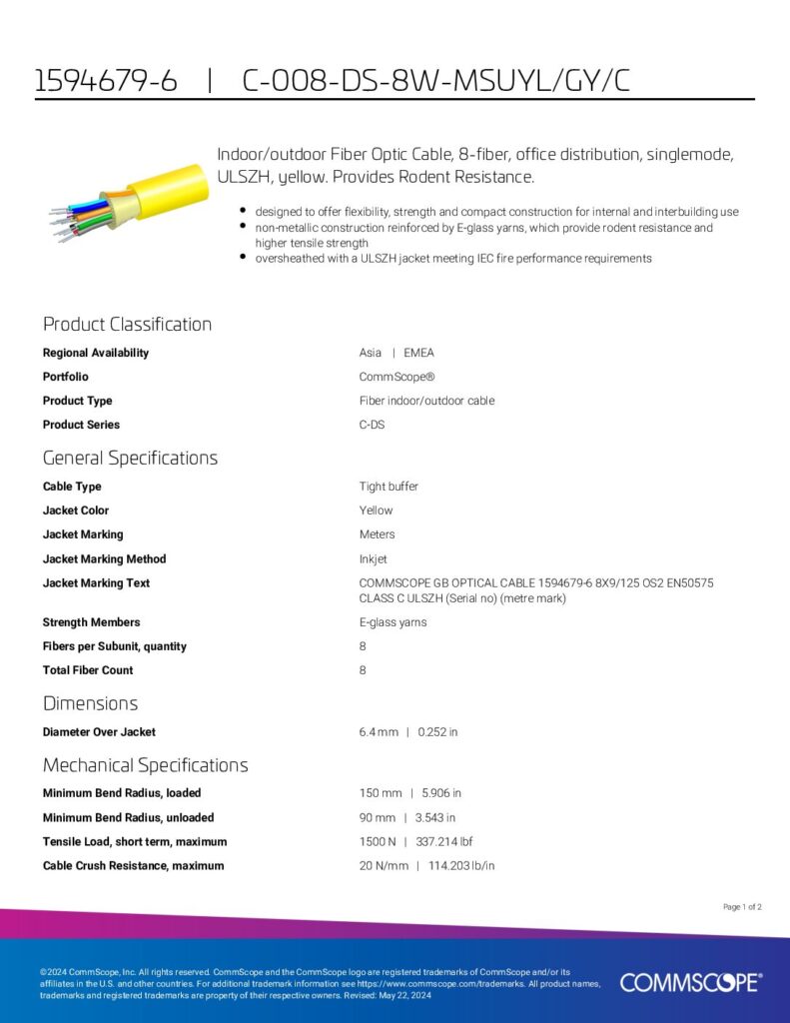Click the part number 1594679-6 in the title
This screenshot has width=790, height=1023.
pos(106,82)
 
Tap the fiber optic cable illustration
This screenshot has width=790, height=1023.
pos(129,200)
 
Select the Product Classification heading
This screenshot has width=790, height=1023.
pos(127,324)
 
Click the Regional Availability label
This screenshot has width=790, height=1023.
pos(96,353)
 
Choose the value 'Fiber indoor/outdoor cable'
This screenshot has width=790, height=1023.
pos(426,401)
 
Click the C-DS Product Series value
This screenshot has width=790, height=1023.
pos(372,425)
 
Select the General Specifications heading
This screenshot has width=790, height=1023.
pos(130,458)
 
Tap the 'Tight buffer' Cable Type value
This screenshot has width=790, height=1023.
pos(389,487)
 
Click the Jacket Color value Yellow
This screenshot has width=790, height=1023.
pos(376,511)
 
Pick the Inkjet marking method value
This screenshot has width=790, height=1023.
pos(373,558)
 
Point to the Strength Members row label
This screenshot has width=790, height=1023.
pos(91,622)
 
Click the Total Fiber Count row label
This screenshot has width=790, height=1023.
pos(88,670)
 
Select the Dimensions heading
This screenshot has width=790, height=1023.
pos(90,703)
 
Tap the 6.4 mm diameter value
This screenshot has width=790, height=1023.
pos(379,732)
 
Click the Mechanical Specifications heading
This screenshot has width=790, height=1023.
pos(145,765)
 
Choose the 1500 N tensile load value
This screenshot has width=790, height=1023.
pos(378,841)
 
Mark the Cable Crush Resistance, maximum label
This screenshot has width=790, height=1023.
pos(133,865)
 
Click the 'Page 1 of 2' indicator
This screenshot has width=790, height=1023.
pos(742,907)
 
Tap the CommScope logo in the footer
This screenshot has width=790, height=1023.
pos(690,983)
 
